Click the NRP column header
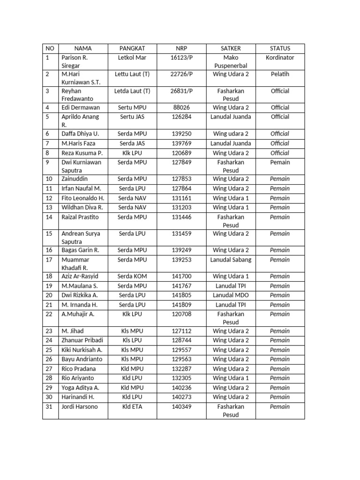coord(181,48)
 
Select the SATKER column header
coord(231,48)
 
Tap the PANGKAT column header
coord(132,48)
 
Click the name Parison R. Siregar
coord(75,61)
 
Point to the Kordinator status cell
coord(280,58)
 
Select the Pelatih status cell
coord(280,74)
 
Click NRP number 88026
coord(181,107)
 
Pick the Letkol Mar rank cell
coord(132,58)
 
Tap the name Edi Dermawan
coord(80,107)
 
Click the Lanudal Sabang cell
coord(231,260)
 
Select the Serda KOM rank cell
coord(132,277)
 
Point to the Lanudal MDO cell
coord(231,295)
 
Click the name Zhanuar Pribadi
coord(82,340)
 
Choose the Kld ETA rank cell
coord(132,407)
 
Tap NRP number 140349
coord(181,407)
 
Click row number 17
coord(49,260)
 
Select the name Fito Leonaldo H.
coord(82,198)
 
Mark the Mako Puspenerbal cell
coord(231,61)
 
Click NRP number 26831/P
coord(181,91)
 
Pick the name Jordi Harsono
coord(80,407)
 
